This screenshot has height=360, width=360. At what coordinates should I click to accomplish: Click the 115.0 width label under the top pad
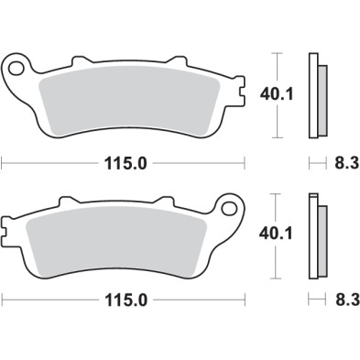point(125,165)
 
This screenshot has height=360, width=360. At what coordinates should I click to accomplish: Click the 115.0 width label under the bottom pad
point(125,299)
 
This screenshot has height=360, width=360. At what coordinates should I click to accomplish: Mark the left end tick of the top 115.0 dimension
point(3,165)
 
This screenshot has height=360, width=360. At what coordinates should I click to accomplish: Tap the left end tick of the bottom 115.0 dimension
point(3,299)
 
